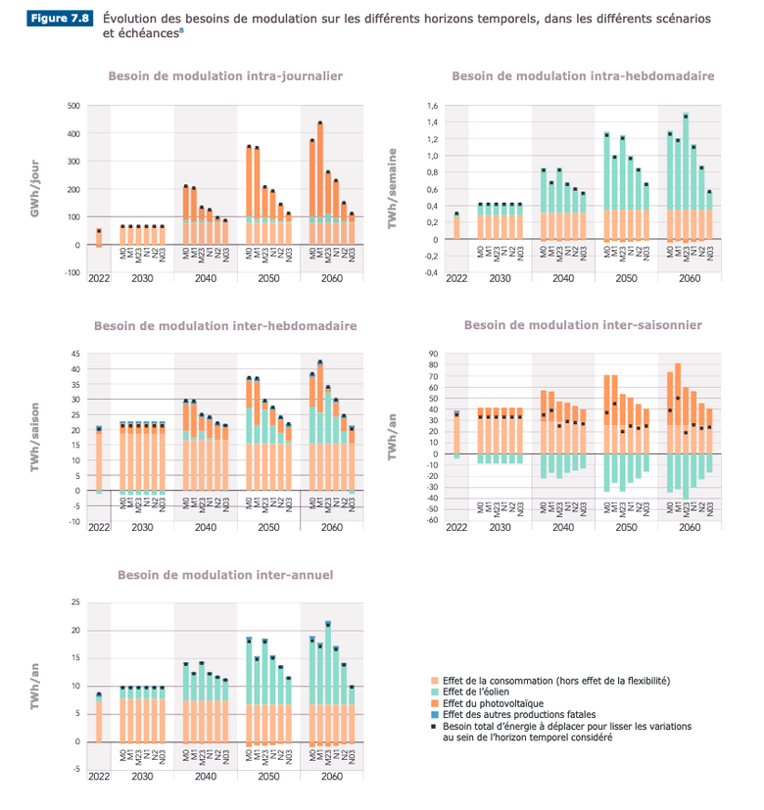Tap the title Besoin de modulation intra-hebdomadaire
582,74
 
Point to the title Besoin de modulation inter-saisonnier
583,325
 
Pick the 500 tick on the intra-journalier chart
72,106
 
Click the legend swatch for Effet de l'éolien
435,691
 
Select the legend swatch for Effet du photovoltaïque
435,703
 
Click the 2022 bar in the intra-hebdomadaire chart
456,226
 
